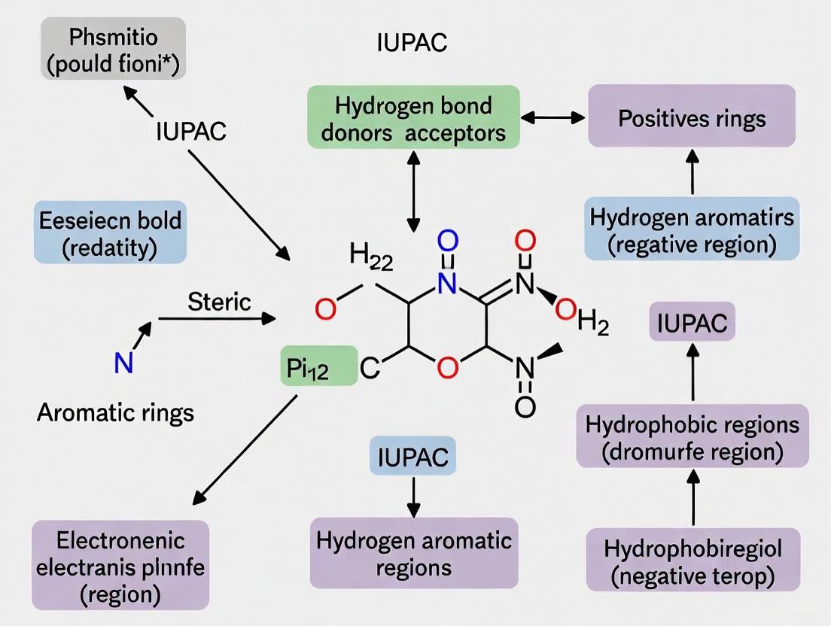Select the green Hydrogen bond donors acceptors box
tap(413, 117)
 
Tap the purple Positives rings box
tap(692, 118)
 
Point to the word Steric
tap(219, 302)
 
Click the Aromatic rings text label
tap(115, 412)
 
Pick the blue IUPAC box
tap(412, 456)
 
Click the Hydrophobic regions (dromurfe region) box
tap(692, 439)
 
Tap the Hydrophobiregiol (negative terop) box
tap(692, 561)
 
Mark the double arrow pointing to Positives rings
tap(553, 117)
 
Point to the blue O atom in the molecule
tap(446, 242)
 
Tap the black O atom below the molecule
tap(525, 407)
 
